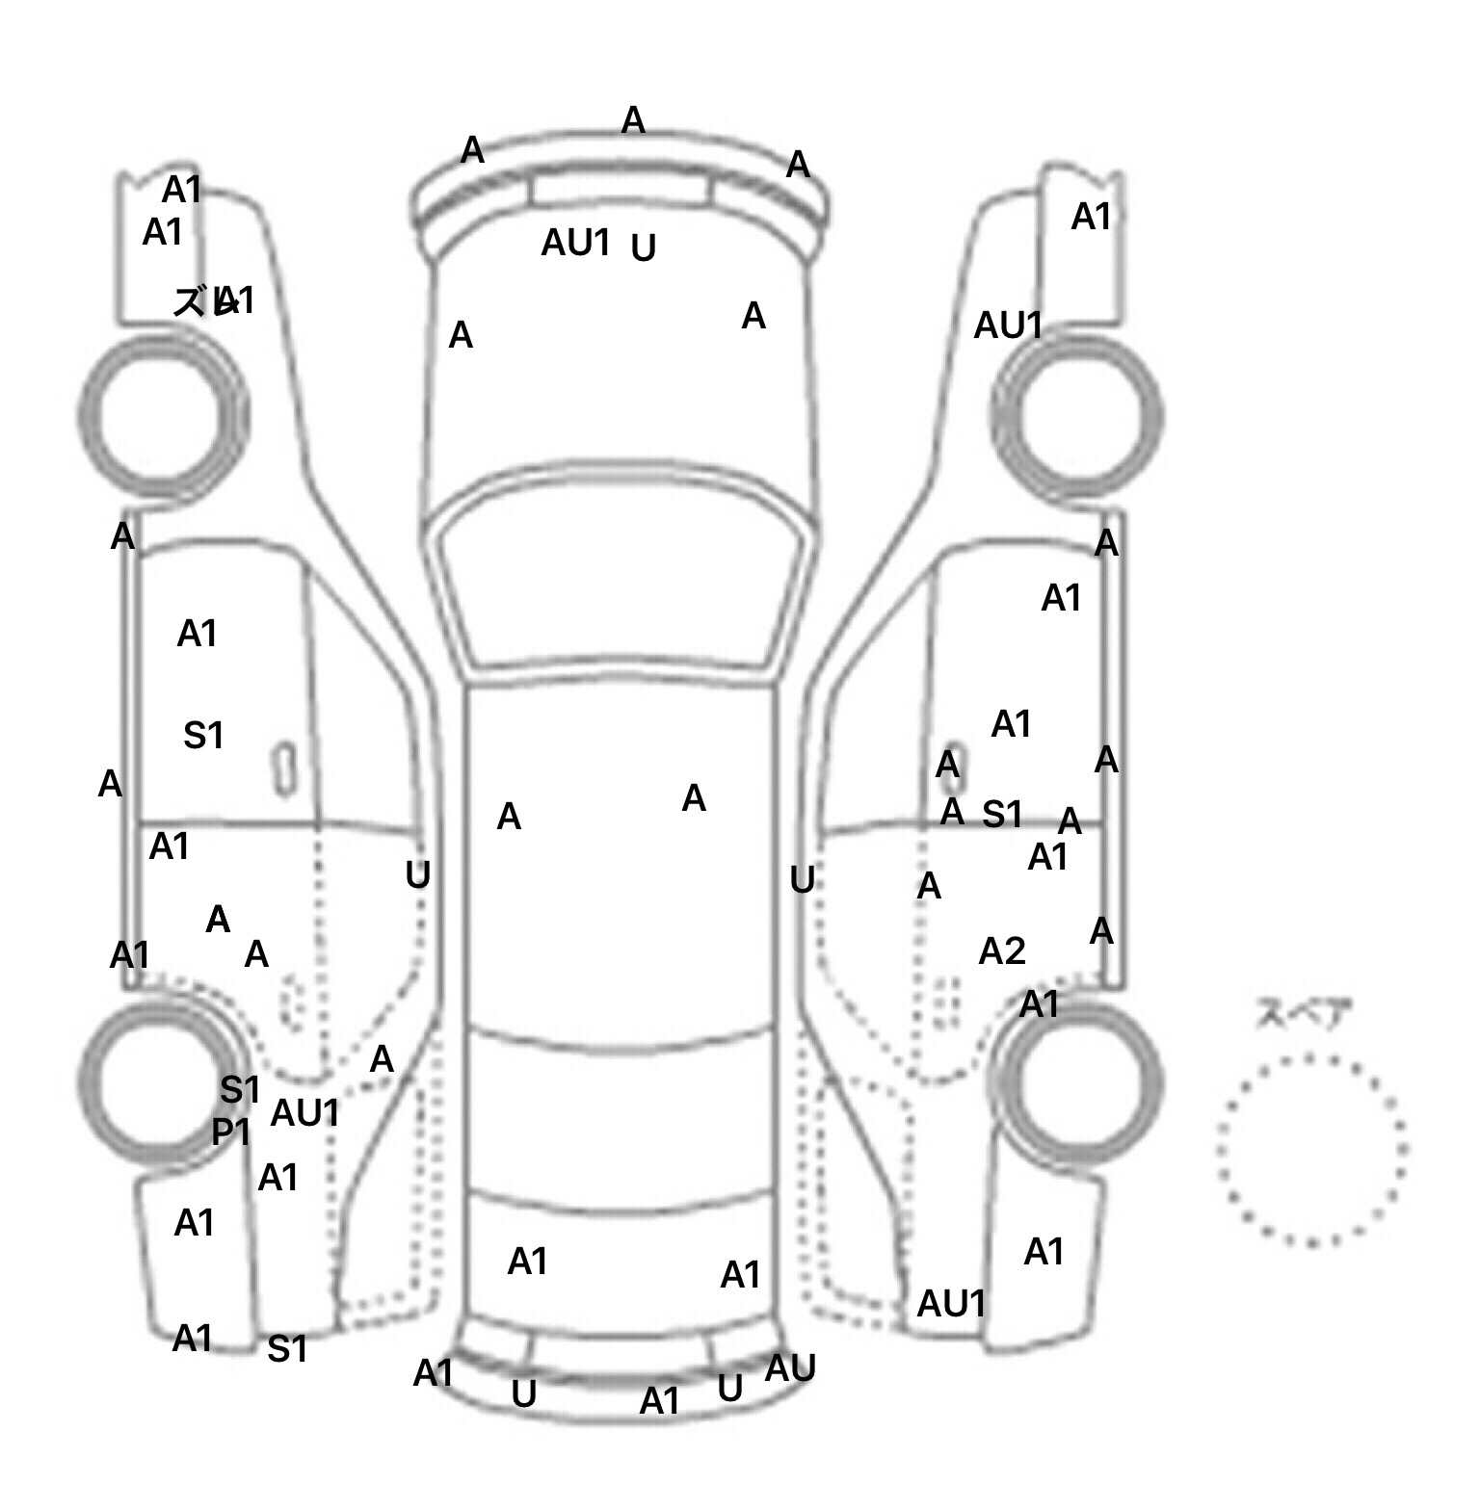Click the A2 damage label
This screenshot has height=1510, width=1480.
pos(1001,951)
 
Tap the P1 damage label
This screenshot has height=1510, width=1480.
pos(231,1132)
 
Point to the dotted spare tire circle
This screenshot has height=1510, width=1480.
pos(1311,1150)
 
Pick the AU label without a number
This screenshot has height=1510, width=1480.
pos(790,1367)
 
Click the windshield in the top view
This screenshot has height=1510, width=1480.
pos(621,583)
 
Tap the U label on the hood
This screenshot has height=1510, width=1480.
pos(643,248)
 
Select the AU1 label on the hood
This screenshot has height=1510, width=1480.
pos(575,243)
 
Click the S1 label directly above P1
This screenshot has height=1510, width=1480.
pos(240,1090)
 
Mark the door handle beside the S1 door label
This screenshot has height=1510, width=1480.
pos(283,768)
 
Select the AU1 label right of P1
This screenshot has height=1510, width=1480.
pos(304,1113)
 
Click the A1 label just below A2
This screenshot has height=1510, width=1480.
pos(1039,1004)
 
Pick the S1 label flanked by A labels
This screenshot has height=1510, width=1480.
pos(1002,815)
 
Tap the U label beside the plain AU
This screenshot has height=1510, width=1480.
pos(730,1388)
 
